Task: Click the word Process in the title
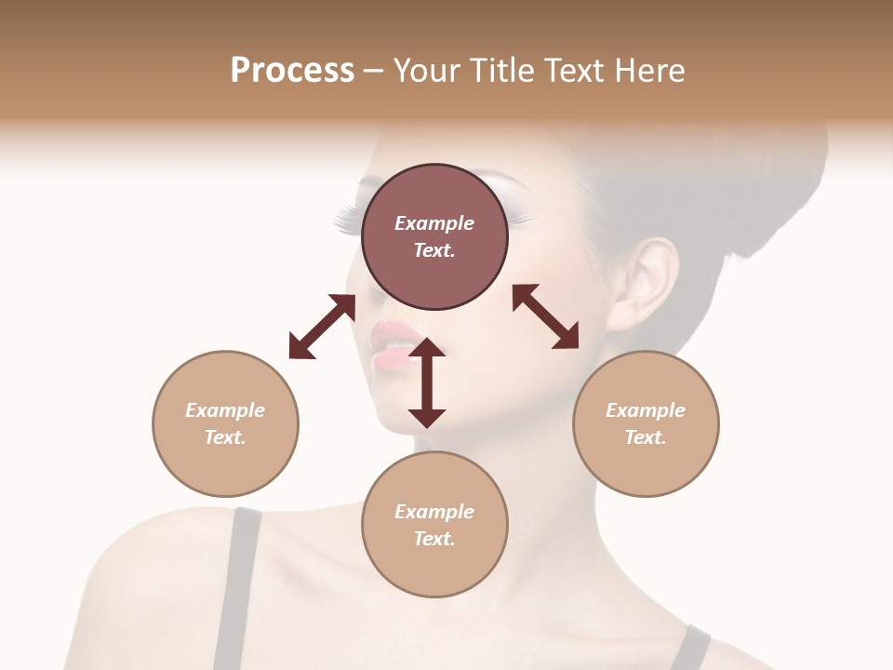[x=292, y=71]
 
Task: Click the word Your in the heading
[x=427, y=71]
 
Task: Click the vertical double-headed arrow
[x=427, y=382]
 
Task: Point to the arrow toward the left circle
[x=322, y=327]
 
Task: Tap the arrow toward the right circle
[x=545, y=316]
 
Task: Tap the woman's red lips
[x=395, y=342]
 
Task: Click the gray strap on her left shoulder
[x=237, y=586]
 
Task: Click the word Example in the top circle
[x=434, y=223]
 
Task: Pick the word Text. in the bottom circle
[x=434, y=539]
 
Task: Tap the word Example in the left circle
[x=225, y=410]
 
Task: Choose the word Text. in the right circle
[x=646, y=437]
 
